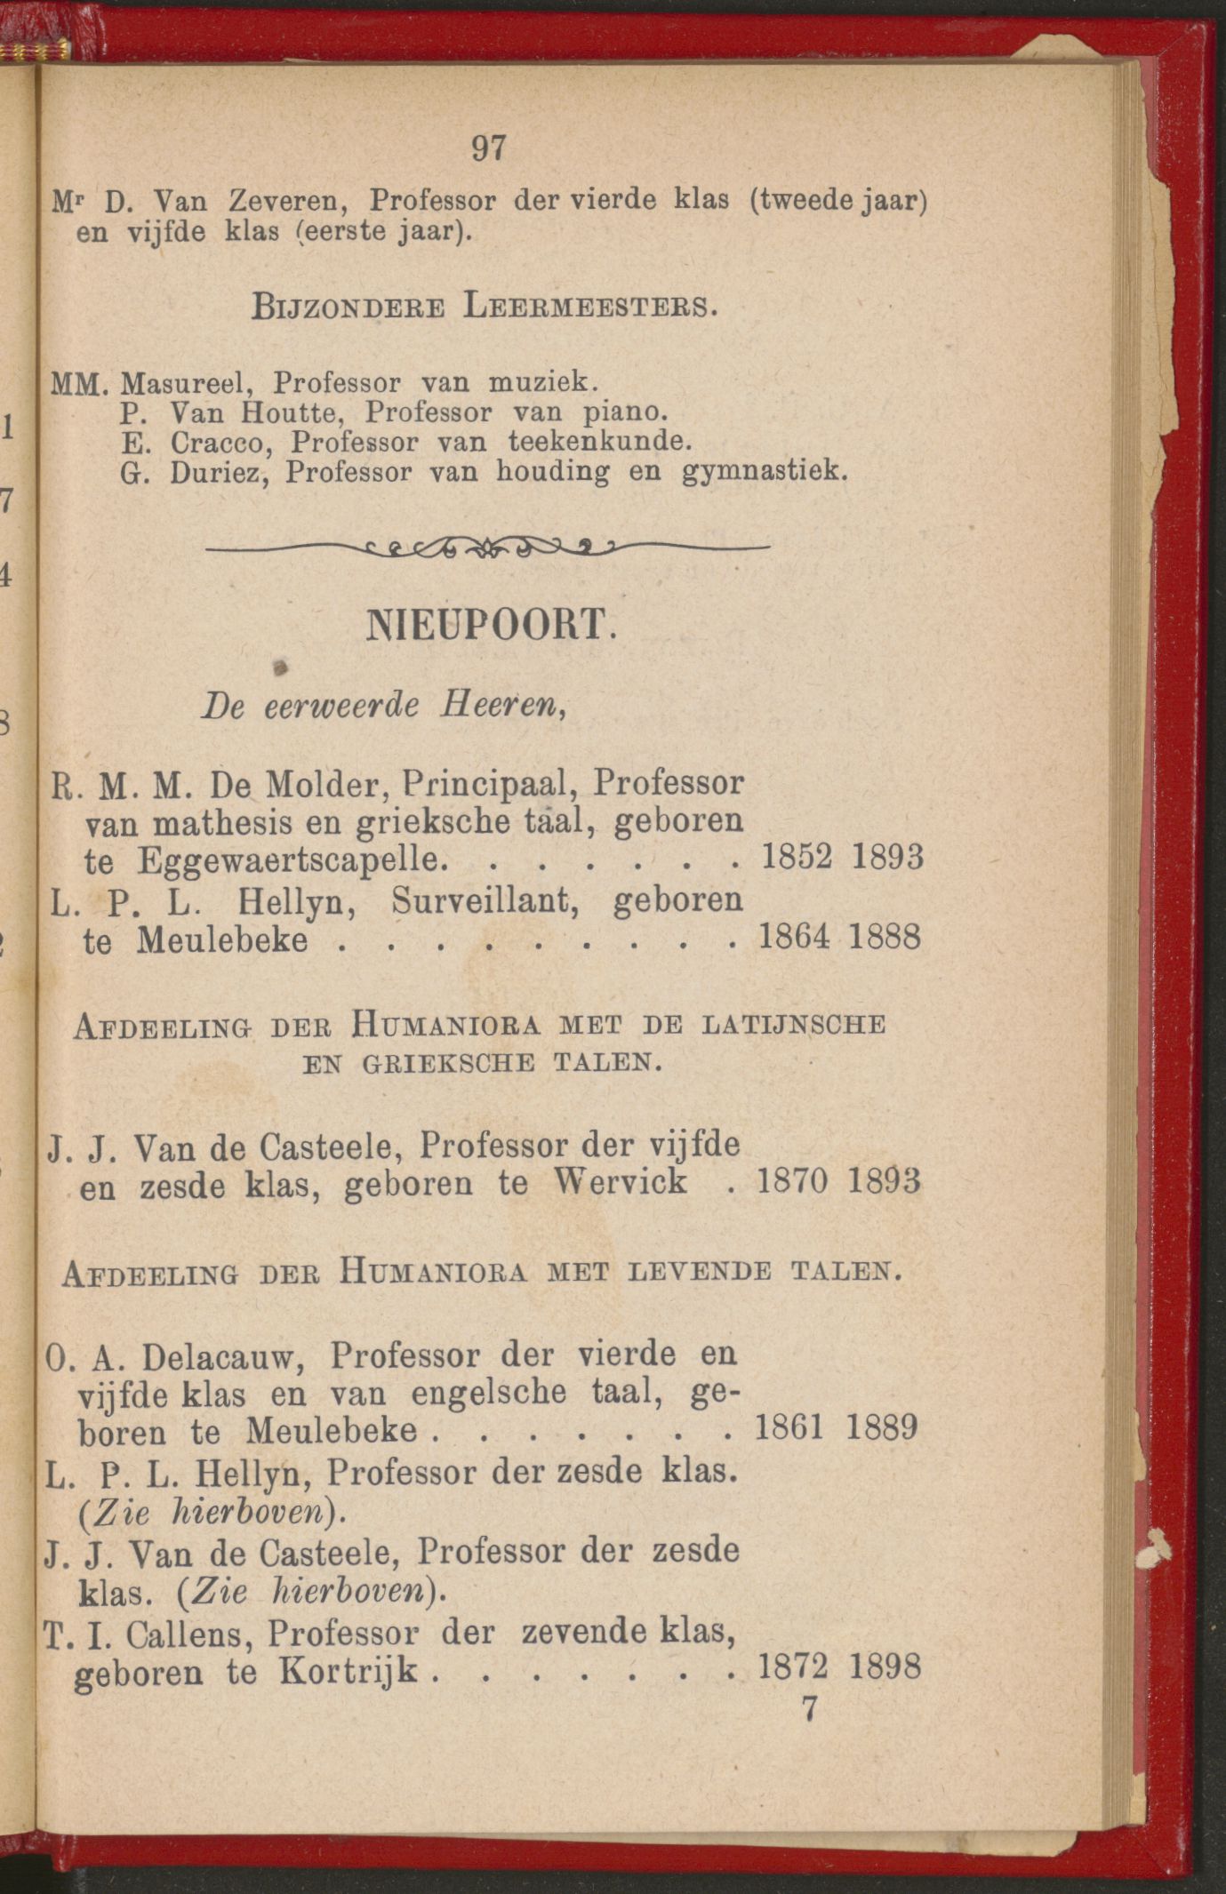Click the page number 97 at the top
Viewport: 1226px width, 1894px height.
[489, 148]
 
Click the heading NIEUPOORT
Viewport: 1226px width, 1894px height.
[490, 626]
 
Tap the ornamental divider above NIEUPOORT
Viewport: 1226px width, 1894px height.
[488, 547]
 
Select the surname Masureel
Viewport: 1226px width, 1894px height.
[188, 383]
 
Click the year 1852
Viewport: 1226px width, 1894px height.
[797, 858]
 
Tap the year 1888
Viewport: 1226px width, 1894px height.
[885, 938]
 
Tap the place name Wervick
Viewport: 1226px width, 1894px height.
[620, 1182]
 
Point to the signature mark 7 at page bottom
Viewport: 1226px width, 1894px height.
[809, 1708]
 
